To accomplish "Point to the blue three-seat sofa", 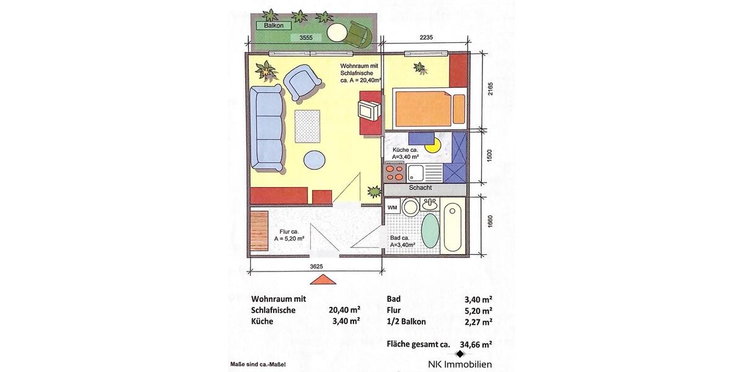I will click(x=267, y=129).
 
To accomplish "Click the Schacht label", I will click(x=420, y=188).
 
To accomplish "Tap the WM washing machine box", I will click(x=393, y=207).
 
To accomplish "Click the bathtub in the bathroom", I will click(x=454, y=227).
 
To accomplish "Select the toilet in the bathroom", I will click(x=410, y=207).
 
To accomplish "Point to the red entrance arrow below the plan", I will click(x=323, y=280).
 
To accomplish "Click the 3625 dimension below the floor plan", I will click(x=316, y=267).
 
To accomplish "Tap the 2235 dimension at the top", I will click(x=425, y=38).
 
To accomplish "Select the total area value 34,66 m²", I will click(x=476, y=344).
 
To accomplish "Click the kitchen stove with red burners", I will click(x=393, y=171).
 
